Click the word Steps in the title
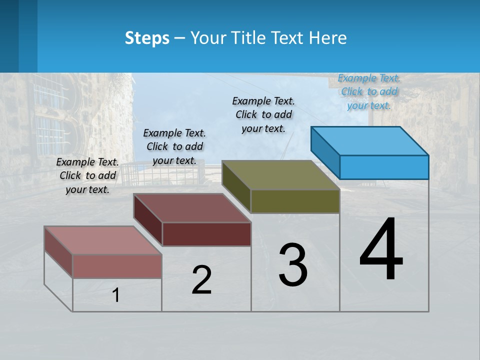pyautogui.click(x=147, y=38)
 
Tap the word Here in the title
pyautogui.click(x=327, y=38)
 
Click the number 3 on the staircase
pyautogui.click(x=293, y=265)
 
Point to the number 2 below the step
pyautogui.click(x=201, y=280)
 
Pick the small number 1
pyautogui.click(x=116, y=295)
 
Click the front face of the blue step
pyautogui.click(x=384, y=167)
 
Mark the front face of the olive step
pyautogui.click(x=295, y=201)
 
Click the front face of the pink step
pyautogui.click(x=117, y=266)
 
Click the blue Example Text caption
pyautogui.click(x=369, y=91)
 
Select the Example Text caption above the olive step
pyautogui.click(x=263, y=114)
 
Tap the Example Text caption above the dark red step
pyautogui.click(x=174, y=146)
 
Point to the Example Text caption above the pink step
pyautogui.click(x=87, y=175)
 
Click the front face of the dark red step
pyautogui.click(x=206, y=234)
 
